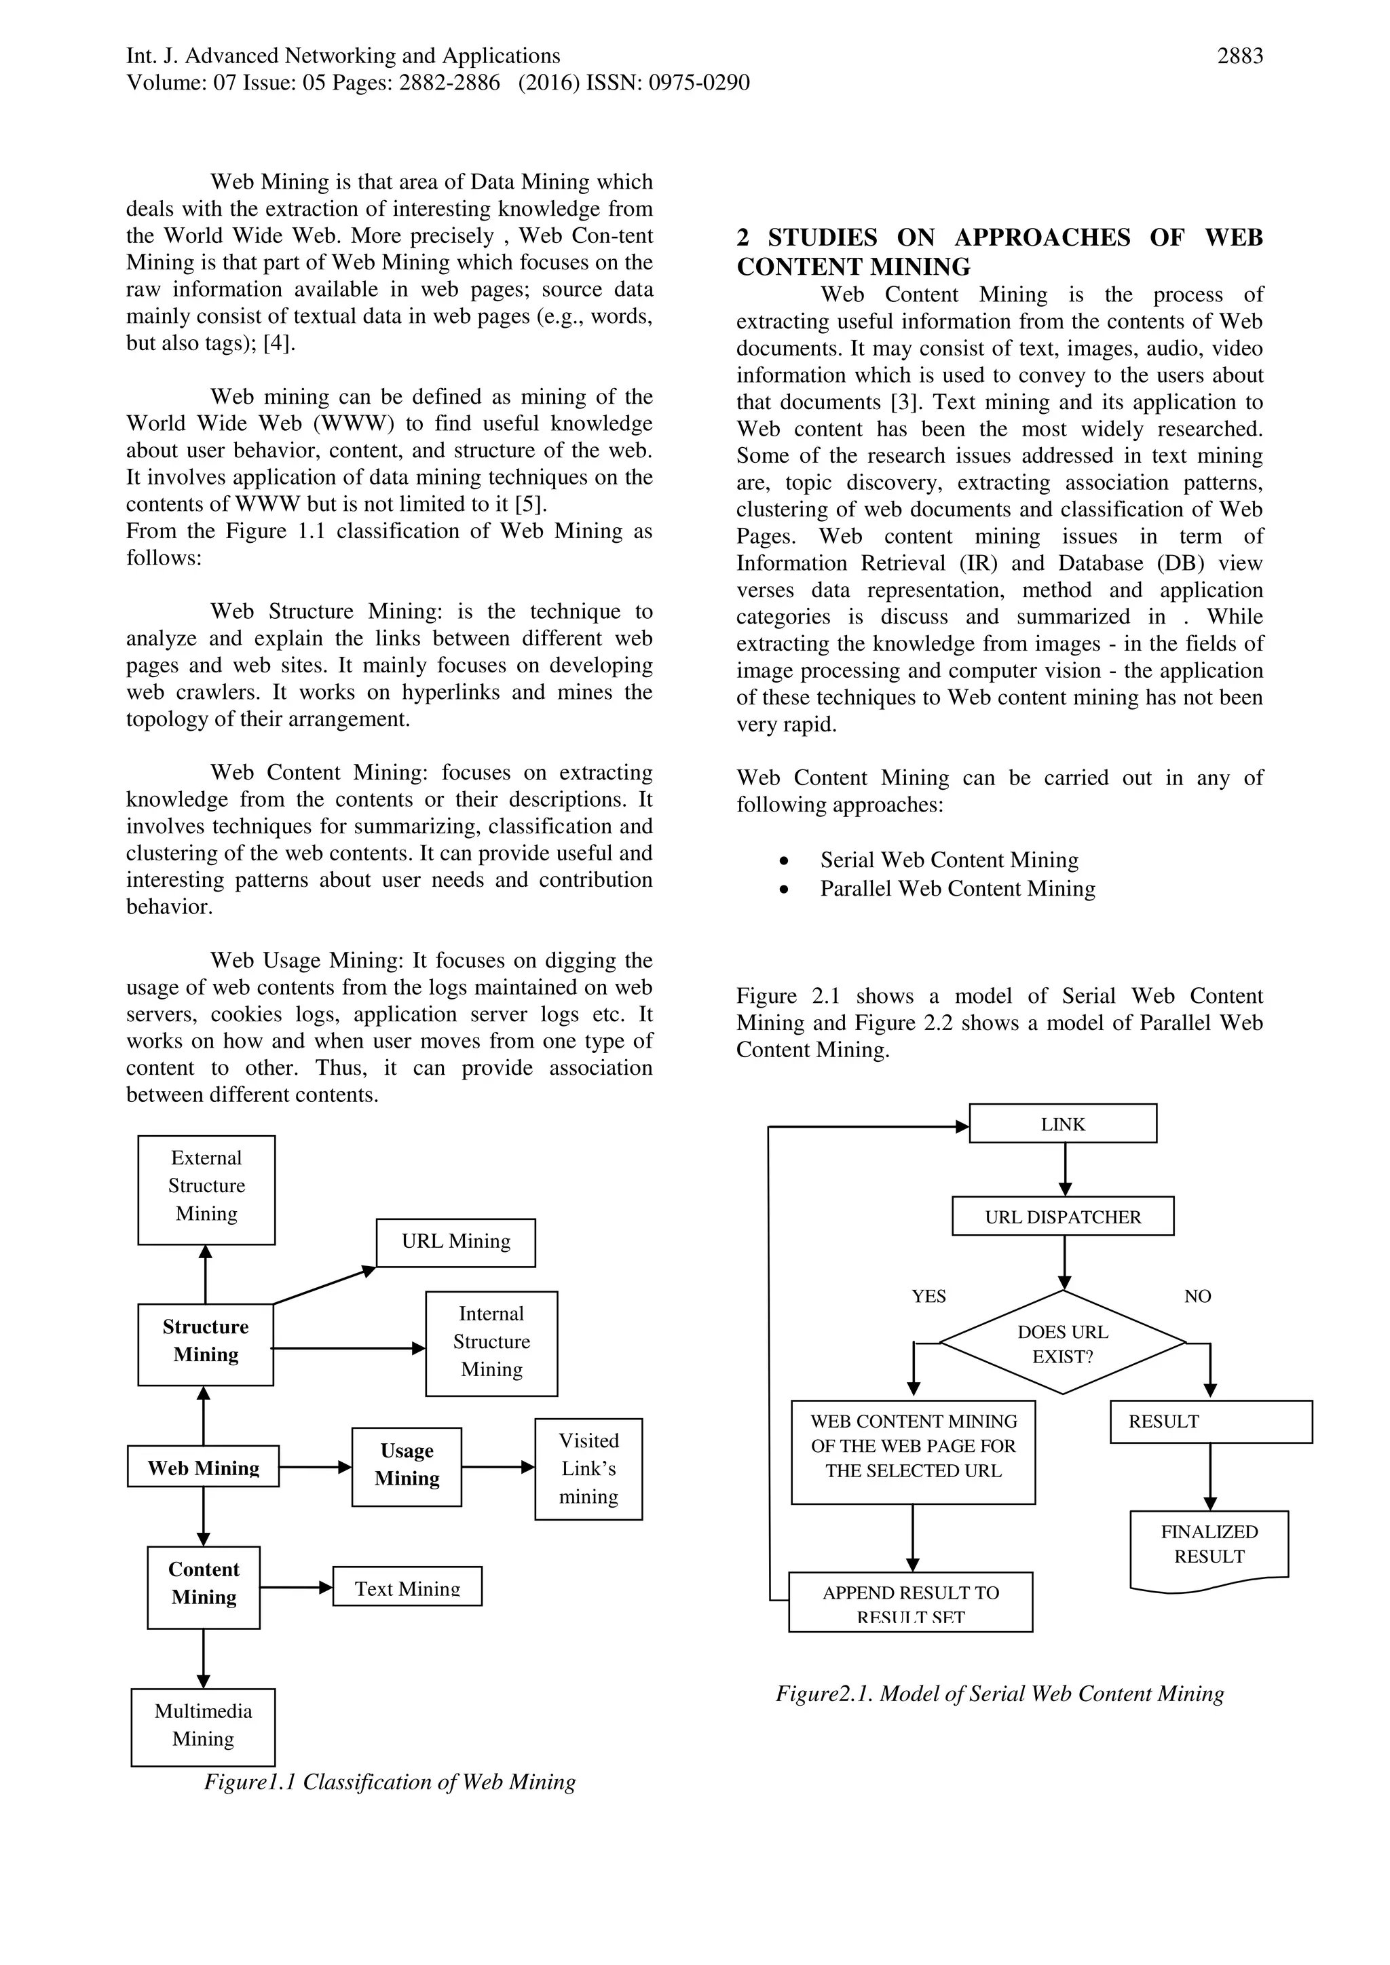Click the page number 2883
(1239, 56)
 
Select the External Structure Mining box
(206, 1189)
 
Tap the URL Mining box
(455, 1242)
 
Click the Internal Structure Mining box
(491, 1343)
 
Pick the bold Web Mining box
(203, 1467)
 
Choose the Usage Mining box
(407, 1466)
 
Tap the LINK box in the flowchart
(1062, 1124)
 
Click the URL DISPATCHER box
(1062, 1216)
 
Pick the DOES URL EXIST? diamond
(1062, 1343)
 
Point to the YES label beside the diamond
(928, 1297)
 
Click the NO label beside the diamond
(1197, 1297)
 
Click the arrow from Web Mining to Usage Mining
(315, 1467)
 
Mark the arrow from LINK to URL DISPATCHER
(1065, 1169)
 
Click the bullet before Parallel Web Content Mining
(783, 890)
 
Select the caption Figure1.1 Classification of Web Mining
(390, 1782)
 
